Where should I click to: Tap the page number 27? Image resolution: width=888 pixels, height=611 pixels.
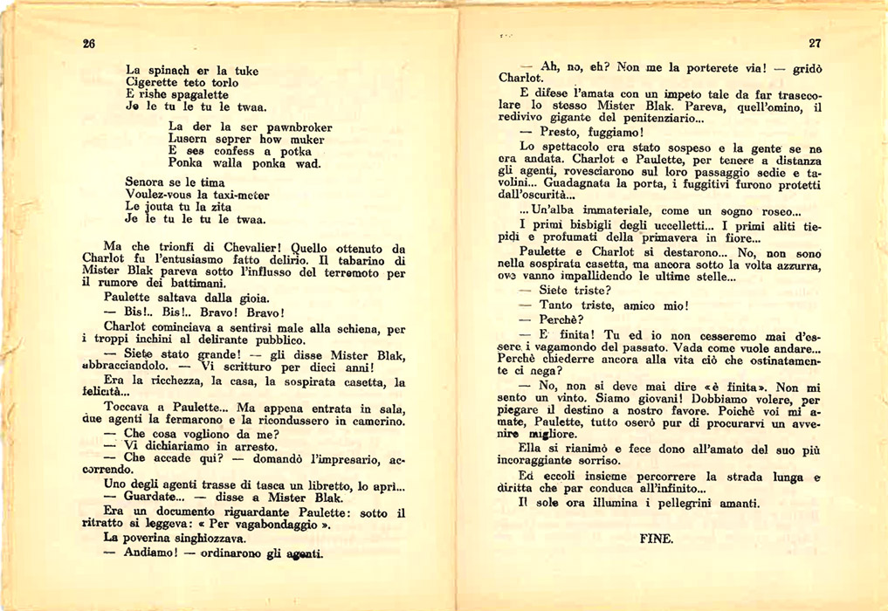point(816,44)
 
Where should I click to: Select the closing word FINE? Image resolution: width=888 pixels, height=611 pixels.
point(657,539)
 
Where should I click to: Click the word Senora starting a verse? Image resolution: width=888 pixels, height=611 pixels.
point(147,182)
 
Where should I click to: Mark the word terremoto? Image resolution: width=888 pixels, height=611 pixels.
point(341,271)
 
